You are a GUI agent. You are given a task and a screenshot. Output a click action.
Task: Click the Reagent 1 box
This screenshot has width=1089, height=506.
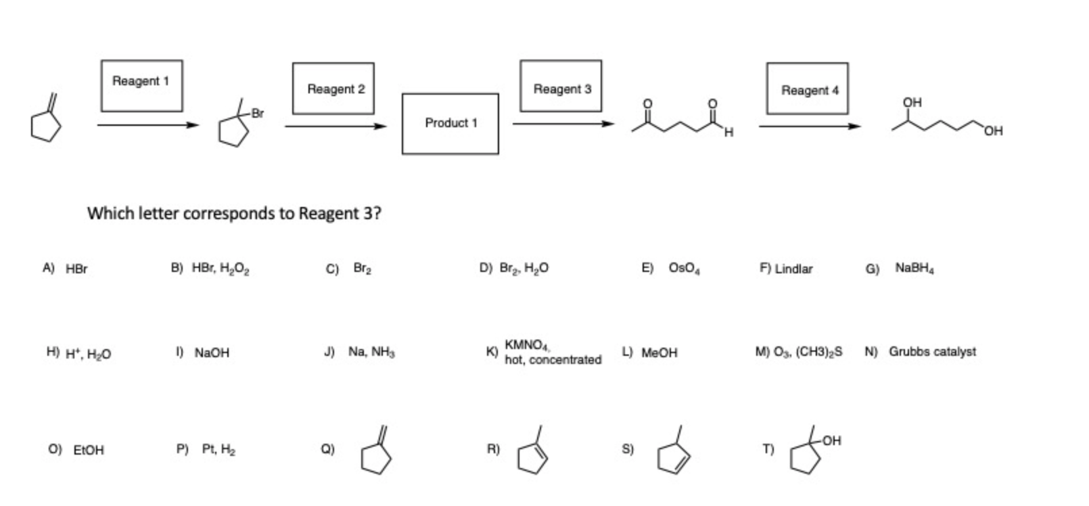click(x=141, y=85)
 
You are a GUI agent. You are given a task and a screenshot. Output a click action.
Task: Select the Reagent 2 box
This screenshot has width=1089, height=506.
click(x=333, y=88)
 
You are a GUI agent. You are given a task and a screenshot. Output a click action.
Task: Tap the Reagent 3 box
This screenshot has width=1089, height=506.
click(x=561, y=86)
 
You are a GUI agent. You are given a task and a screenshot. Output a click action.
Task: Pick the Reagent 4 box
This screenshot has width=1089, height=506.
click(x=807, y=89)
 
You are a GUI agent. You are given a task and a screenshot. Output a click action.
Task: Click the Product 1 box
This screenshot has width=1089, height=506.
click(x=450, y=124)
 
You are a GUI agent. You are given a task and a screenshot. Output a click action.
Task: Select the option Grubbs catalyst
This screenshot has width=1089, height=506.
click(x=931, y=352)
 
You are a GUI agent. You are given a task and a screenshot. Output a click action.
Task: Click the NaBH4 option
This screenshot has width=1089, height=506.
click(x=914, y=268)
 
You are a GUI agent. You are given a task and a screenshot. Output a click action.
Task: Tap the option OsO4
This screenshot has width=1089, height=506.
click(x=684, y=269)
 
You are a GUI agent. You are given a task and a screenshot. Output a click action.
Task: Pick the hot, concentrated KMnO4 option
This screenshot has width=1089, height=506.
click(x=552, y=352)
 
